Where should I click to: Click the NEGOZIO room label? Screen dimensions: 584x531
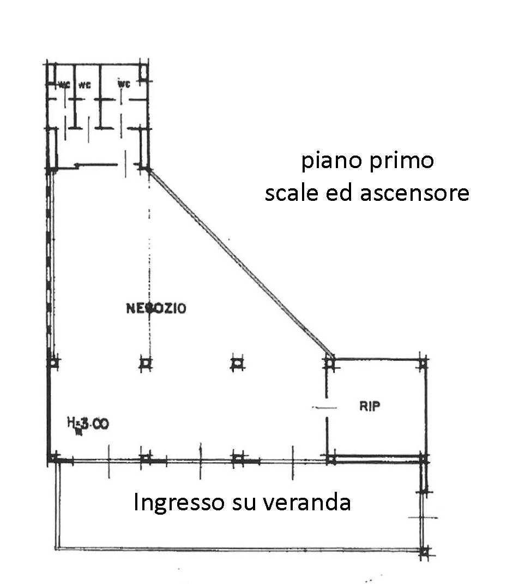tap(156, 308)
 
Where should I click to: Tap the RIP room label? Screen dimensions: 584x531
tap(370, 406)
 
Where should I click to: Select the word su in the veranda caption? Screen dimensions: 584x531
tap(239, 503)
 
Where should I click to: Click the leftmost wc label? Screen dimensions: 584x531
tap(64, 85)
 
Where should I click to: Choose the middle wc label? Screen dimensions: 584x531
tap(84, 85)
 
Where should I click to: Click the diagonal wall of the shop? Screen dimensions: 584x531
tap(240, 262)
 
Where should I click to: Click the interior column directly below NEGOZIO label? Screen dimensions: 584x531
tap(145, 363)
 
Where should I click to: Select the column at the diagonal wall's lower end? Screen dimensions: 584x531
tap(329, 361)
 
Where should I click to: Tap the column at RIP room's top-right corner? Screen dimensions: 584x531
tap(423, 361)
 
